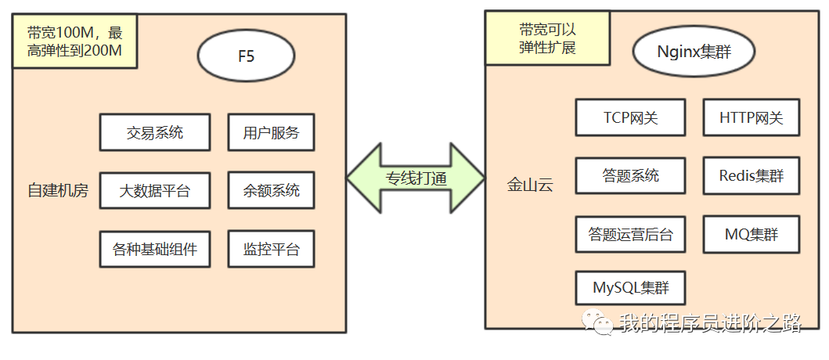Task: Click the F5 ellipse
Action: pos(246,56)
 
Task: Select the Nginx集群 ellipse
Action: pos(694,52)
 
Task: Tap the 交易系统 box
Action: pos(155,132)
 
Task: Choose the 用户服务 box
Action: pos(271,132)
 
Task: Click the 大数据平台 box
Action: pos(155,190)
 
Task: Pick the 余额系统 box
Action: pos(271,190)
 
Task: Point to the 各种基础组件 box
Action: pos(155,250)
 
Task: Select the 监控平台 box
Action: pos(271,250)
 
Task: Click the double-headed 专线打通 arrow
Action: pos(416,178)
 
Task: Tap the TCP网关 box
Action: pos(630,117)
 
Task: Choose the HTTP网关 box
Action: pos(751,117)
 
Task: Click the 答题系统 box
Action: pos(630,175)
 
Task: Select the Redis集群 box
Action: pos(751,175)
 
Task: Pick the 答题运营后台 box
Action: pos(630,234)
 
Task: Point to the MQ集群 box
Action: pos(751,234)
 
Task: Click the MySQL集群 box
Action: pos(630,288)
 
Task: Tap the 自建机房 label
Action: pos(58,190)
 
